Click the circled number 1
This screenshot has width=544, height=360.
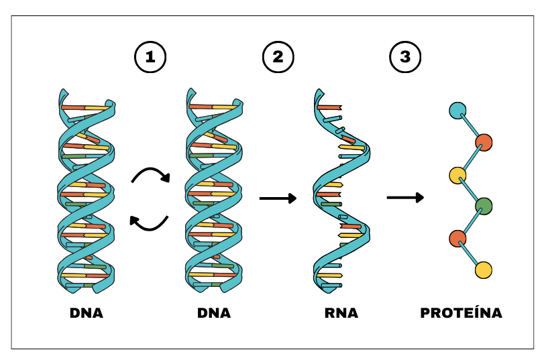(150, 57)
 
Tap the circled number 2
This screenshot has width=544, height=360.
(277, 57)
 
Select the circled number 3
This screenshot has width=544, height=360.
(404, 57)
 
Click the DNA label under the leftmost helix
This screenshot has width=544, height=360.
(87, 313)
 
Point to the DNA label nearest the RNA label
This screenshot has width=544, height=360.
(214, 313)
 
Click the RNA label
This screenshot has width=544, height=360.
(341, 313)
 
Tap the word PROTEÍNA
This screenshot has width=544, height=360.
(461, 313)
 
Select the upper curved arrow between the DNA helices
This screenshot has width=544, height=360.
(150, 175)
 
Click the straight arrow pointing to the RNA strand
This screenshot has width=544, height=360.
(278, 198)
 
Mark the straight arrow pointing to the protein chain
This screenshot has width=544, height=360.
(405, 198)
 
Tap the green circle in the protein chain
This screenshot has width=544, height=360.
(484, 206)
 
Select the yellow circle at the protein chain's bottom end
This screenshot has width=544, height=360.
(483, 270)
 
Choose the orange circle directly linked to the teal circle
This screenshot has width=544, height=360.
(484, 143)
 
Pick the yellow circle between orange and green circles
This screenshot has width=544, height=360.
(457, 175)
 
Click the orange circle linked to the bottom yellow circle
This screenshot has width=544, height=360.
(457, 238)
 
